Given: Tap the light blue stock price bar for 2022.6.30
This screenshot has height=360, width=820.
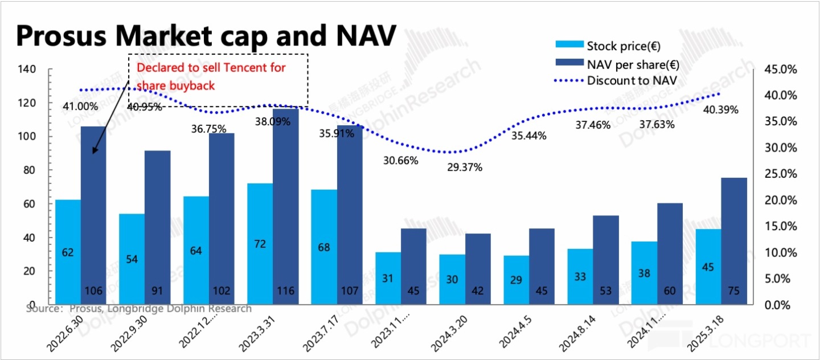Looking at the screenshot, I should click(x=68, y=251).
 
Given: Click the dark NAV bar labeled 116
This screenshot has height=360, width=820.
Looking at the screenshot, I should click(x=286, y=205).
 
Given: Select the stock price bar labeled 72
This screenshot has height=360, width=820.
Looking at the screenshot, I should click(x=260, y=243).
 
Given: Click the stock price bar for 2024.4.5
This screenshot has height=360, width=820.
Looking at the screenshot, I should click(x=516, y=279).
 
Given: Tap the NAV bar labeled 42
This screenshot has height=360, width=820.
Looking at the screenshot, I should click(x=478, y=268).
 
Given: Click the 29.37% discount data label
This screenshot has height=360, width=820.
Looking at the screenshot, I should click(x=464, y=167).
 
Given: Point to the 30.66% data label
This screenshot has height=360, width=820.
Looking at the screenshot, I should click(x=400, y=161).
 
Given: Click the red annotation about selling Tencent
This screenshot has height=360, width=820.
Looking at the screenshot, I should click(x=211, y=76).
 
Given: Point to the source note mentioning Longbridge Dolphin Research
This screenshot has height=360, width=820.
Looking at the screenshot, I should click(x=139, y=309).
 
